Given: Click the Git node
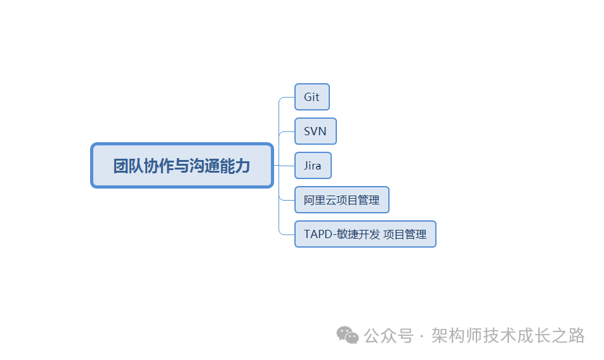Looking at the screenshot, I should (x=312, y=97).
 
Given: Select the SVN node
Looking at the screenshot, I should (x=315, y=131).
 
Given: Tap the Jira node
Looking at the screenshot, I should (x=313, y=166).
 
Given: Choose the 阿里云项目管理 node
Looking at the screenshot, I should (x=341, y=200).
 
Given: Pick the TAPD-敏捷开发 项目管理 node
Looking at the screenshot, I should (x=365, y=234).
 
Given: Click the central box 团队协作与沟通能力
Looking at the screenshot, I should (x=182, y=166).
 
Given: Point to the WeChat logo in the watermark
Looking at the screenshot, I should (x=347, y=335).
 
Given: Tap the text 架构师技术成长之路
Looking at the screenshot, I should (x=508, y=335).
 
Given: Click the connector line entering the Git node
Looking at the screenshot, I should (x=287, y=97).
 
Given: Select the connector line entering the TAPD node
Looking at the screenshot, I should (x=287, y=234).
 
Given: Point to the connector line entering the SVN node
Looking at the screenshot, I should (x=287, y=131).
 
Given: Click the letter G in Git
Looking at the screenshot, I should (x=308, y=97).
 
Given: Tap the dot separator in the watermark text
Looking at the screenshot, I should (x=423, y=336).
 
